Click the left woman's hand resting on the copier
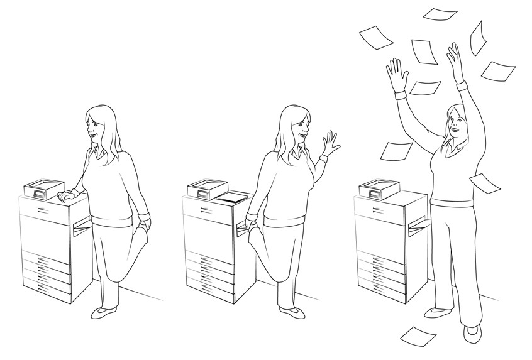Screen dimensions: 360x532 click(x=65, y=196)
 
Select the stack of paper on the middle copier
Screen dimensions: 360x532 click(x=231, y=197)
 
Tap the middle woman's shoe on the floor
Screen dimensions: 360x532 click(x=289, y=310)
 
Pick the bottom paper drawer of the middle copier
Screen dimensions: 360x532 click(x=210, y=289)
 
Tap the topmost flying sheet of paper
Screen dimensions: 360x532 click(x=440, y=13)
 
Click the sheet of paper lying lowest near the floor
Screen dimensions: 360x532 click(x=418, y=335)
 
